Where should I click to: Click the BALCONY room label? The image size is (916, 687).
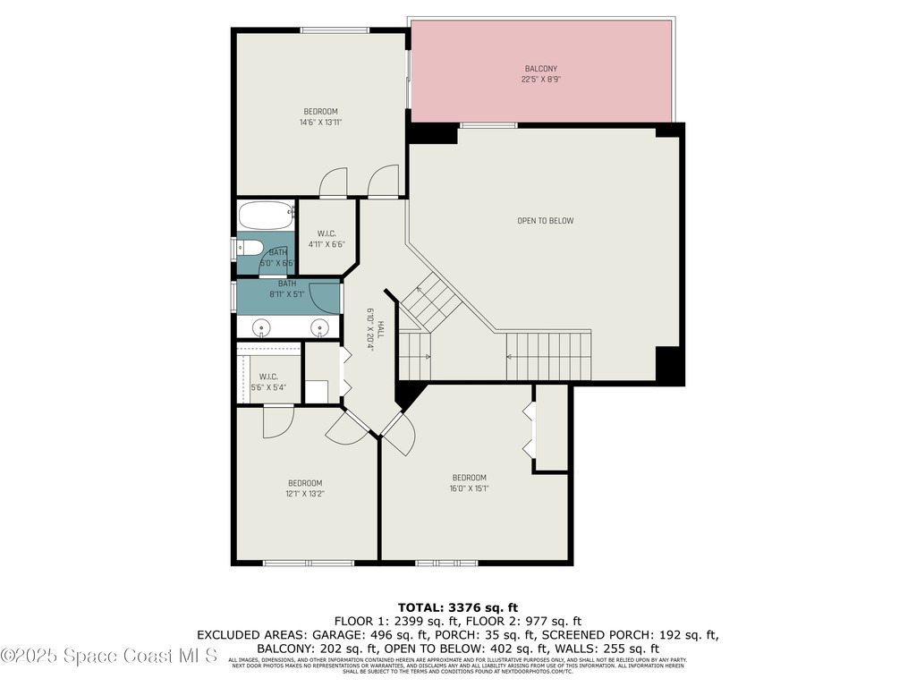coord(539,69)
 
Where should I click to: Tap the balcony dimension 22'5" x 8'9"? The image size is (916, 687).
coord(539,79)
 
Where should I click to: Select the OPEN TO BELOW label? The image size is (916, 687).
coord(545,221)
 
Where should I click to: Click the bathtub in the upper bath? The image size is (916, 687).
coord(266,215)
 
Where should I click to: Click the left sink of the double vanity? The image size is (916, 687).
coord(261,327)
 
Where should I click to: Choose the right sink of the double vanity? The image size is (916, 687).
coord(319,327)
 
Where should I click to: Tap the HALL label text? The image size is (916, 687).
coord(379,328)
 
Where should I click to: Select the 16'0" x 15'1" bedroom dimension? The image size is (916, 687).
coord(469,488)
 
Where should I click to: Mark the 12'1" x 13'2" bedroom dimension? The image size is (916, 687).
coord(304,493)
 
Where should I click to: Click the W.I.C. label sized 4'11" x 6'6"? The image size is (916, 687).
coord(326,239)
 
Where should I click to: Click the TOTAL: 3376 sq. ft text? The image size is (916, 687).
coord(457,607)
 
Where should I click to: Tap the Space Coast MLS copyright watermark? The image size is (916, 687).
coord(109,656)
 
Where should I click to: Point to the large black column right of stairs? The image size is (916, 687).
coord(669,365)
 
